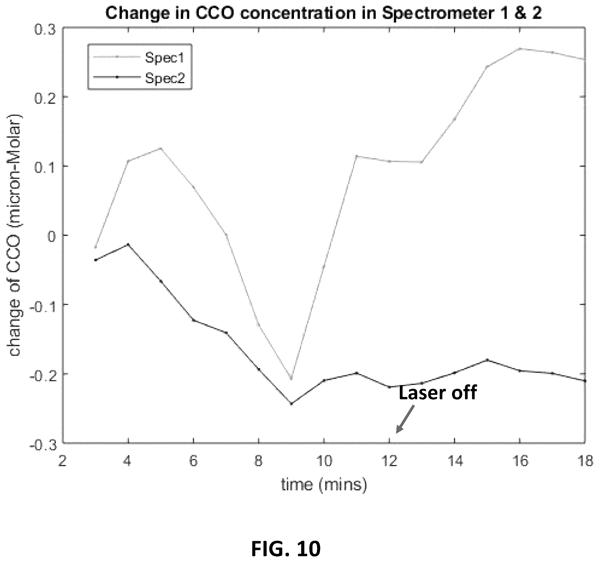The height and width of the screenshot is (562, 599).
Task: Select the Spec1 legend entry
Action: [x=139, y=57]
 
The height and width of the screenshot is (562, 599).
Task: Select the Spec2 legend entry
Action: [x=139, y=78]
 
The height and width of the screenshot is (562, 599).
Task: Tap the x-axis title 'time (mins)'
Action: [x=324, y=485]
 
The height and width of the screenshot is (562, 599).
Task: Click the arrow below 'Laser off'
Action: [x=405, y=419]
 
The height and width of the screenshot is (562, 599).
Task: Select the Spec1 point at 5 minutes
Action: [x=161, y=148]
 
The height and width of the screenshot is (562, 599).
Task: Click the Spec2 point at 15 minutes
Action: [x=487, y=360]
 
